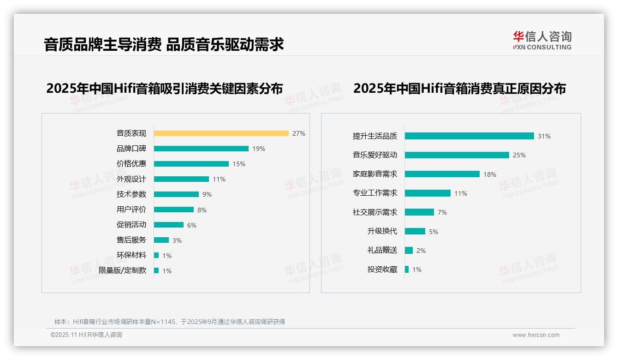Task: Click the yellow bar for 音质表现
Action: pyautogui.click(x=221, y=133)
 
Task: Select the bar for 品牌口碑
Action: pyautogui.click(x=201, y=149)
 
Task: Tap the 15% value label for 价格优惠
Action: pyautogui.click(x=239, y=164)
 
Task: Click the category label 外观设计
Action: pyautogui.click(x=131, y=179)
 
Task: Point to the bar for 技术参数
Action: pyautogui.click(x=176, y=194)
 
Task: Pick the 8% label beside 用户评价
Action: pyautogui.click(x=202, y=210)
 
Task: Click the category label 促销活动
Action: pyautogui.click(x=131, y=225)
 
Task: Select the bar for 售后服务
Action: pyautogui.click(x=161, y=240)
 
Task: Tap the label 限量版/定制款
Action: pyautogui.click(x=122, y=270)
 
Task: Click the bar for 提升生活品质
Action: pyautogui.click(x=469, y=136)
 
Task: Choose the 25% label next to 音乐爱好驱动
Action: pyautogui.click(x=519, y=155)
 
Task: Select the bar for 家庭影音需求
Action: pyautogui.click(x=442, y=174)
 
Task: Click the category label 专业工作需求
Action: pyautogui.click(x=374, y=193)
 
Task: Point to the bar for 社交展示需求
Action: pyautogui.click(x=419, y=212)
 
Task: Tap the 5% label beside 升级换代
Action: pyautogui.click(x=434, y=232)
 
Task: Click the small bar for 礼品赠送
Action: pyautogui.click(x=409, y=251)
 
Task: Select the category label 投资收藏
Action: pyautogui.click(x=382, y=270)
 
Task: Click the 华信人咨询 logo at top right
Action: pyautogui.click(x=542, y=40)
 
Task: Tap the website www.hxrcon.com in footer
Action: pyautogui.click(x=536, y=335)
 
